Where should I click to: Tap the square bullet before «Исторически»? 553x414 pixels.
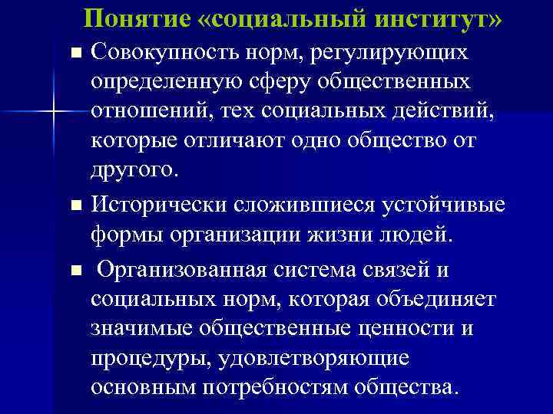click(x=75, y=206)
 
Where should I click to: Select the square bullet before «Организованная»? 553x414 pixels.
click(x=75, y=271)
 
